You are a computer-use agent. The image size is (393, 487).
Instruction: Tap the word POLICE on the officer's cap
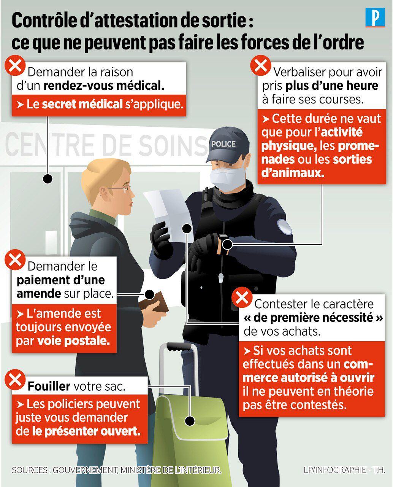(x=223, y=144)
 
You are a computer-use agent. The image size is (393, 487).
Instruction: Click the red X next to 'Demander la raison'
(x=15, y=65)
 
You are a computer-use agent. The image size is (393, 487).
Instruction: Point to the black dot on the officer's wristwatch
(x=227, y=245)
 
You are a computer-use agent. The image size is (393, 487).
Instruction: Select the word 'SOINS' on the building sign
(x=173, y=145)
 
